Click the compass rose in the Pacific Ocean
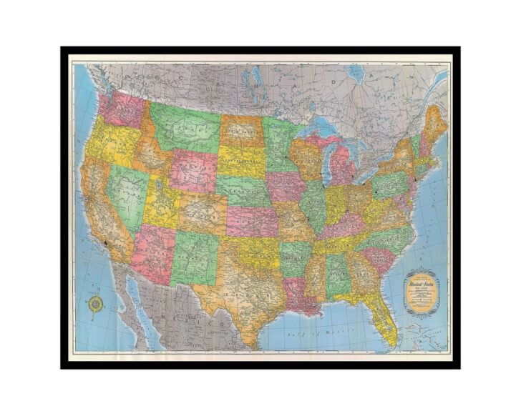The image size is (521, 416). pos(94,304)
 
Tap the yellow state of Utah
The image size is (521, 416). pos(162,204)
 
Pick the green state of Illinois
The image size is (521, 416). pos(312,204)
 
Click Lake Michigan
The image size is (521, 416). pos(323,161)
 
